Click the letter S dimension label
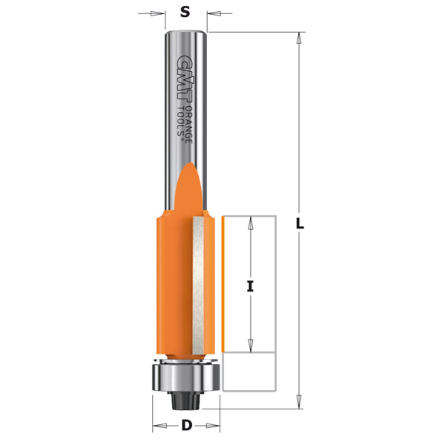185,12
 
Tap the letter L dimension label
300,224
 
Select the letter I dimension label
250,286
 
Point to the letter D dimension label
186,425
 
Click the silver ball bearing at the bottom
186,377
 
